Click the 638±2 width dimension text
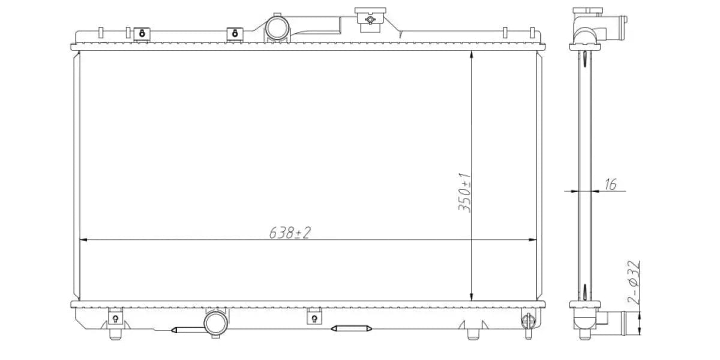coord(290,232)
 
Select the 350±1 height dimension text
coord(464,193)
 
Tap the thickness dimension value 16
coord(610,184)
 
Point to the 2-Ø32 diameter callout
coord(633,283)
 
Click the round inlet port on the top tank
coord(277,28)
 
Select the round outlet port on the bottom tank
coord(215,323)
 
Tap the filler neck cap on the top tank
coord(370,20)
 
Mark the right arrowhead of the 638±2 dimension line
coord(532,240)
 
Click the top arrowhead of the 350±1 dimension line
coord(471,55)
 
